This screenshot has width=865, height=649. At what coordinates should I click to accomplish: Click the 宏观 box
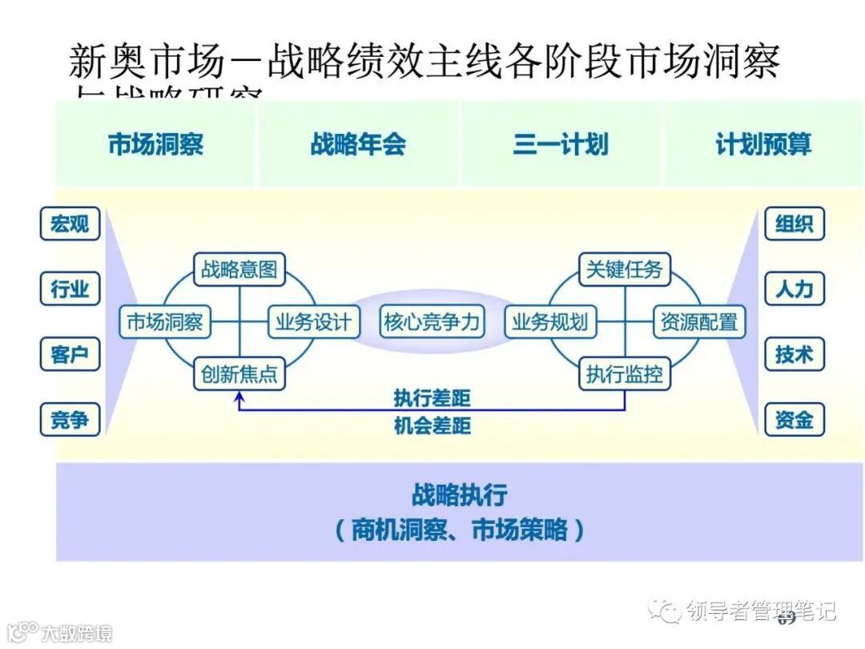point(70,224)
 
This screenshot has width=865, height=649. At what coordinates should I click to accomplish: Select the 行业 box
point(70,288)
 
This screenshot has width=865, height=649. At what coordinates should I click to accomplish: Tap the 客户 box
point(70,353)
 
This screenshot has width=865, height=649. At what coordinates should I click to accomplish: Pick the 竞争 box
point(70,419)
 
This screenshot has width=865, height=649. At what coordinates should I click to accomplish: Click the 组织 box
point(794,224)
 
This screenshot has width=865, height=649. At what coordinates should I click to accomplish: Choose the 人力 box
point(794,288)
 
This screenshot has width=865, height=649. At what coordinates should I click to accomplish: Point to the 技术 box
point(794,353)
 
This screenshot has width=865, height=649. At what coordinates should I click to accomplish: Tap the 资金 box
point(794,419)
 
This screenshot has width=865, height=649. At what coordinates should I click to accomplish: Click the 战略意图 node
point(239,270)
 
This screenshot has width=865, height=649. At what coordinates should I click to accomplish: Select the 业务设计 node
point(313,322)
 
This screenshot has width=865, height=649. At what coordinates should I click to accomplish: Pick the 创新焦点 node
point(239,374)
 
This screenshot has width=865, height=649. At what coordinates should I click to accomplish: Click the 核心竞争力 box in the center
point(432,322)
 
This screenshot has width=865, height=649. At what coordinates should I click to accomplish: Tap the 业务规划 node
point(550,322)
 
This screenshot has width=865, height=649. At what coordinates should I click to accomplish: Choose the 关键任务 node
point(624,270)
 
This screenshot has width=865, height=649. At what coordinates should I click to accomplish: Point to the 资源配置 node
point(698,322)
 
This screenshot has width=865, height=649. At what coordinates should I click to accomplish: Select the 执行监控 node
point(624,374)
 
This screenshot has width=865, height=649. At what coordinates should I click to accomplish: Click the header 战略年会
point(358,144)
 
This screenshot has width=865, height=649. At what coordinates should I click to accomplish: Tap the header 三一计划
point(561,144)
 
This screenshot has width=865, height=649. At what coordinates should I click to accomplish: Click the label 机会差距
point(432,425)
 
